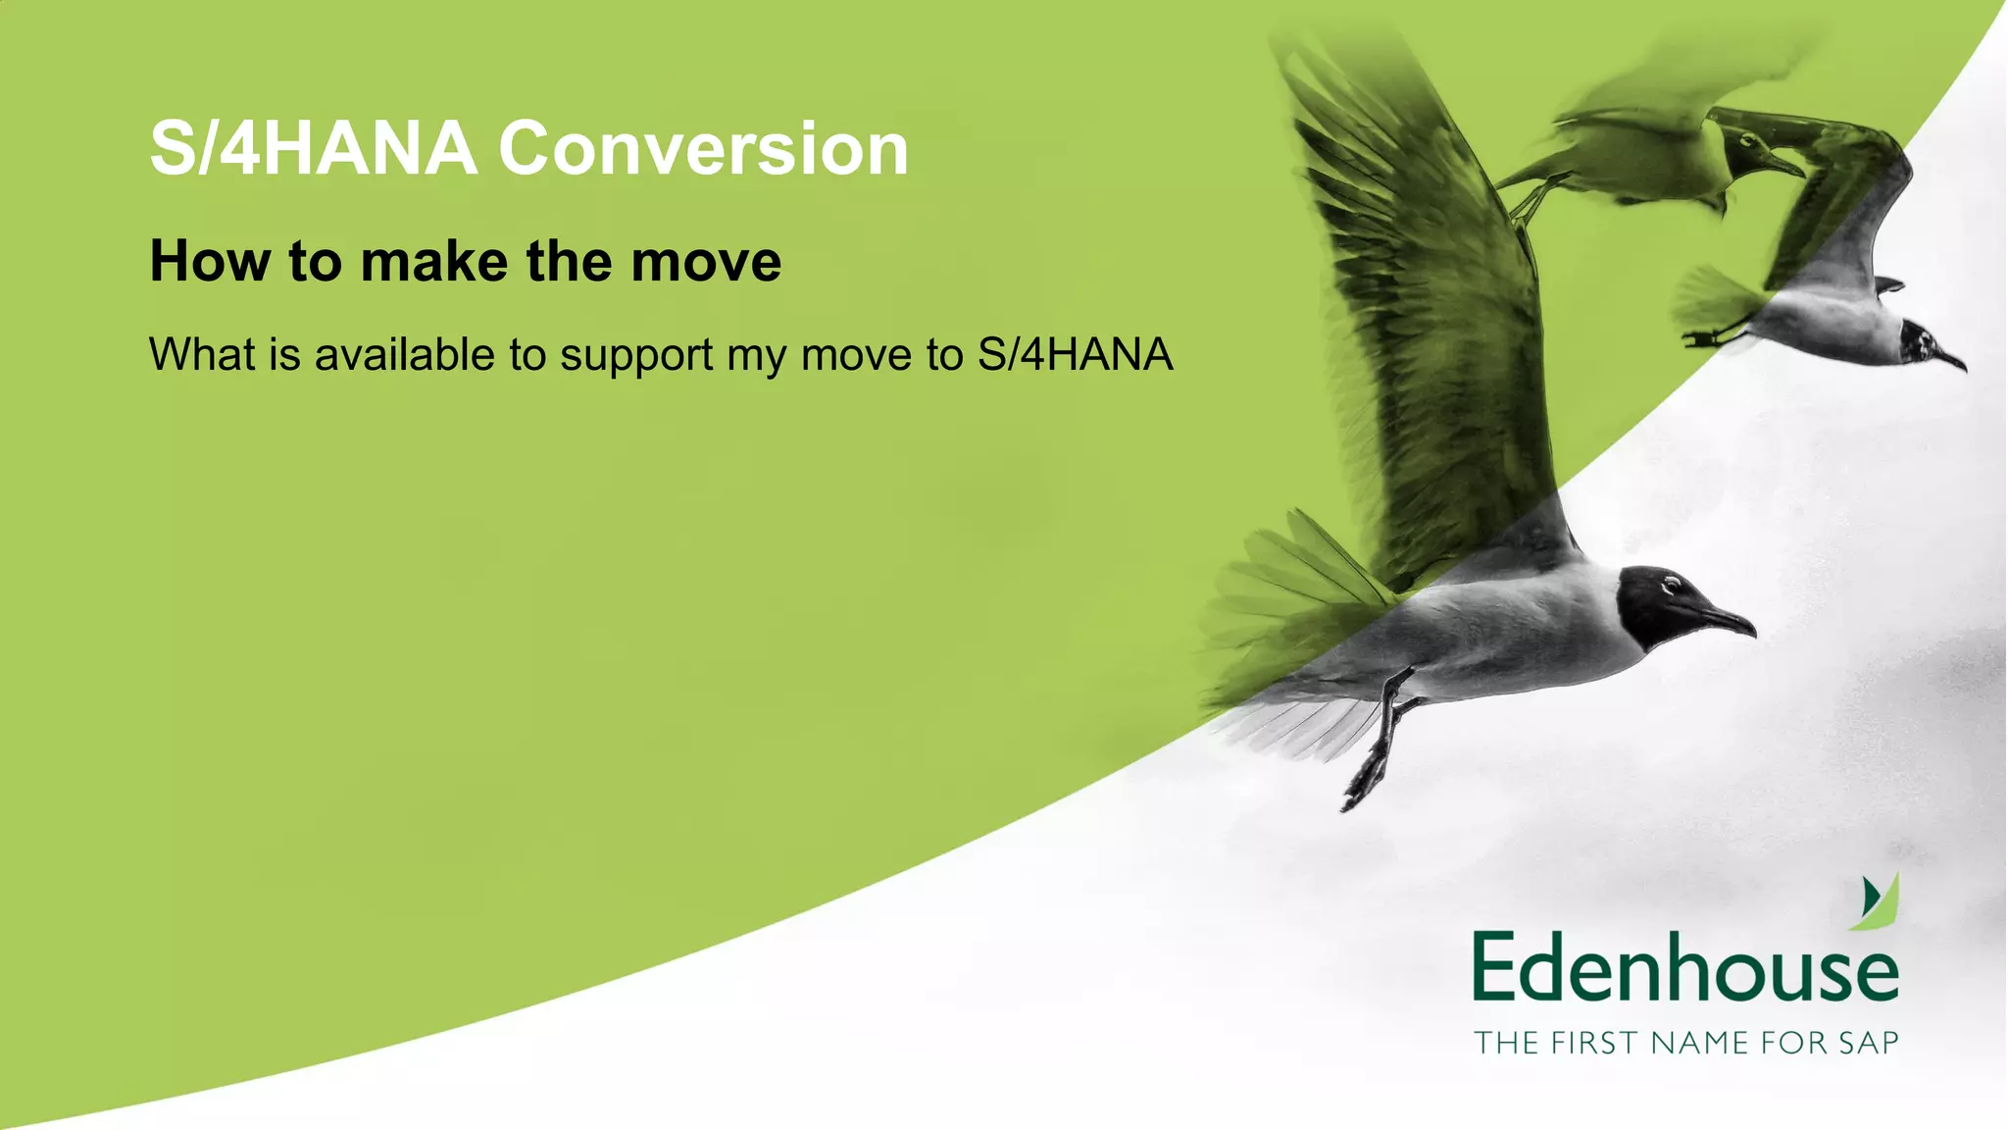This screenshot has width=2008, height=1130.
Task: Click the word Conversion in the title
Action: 703,149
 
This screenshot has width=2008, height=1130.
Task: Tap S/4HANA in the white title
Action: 313,149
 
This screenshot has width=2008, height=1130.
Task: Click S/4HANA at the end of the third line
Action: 1075,354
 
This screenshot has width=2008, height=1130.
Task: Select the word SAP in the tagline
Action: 1868,1043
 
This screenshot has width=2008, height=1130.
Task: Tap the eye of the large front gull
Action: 1671,586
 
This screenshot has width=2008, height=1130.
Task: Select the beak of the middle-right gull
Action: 1951,359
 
